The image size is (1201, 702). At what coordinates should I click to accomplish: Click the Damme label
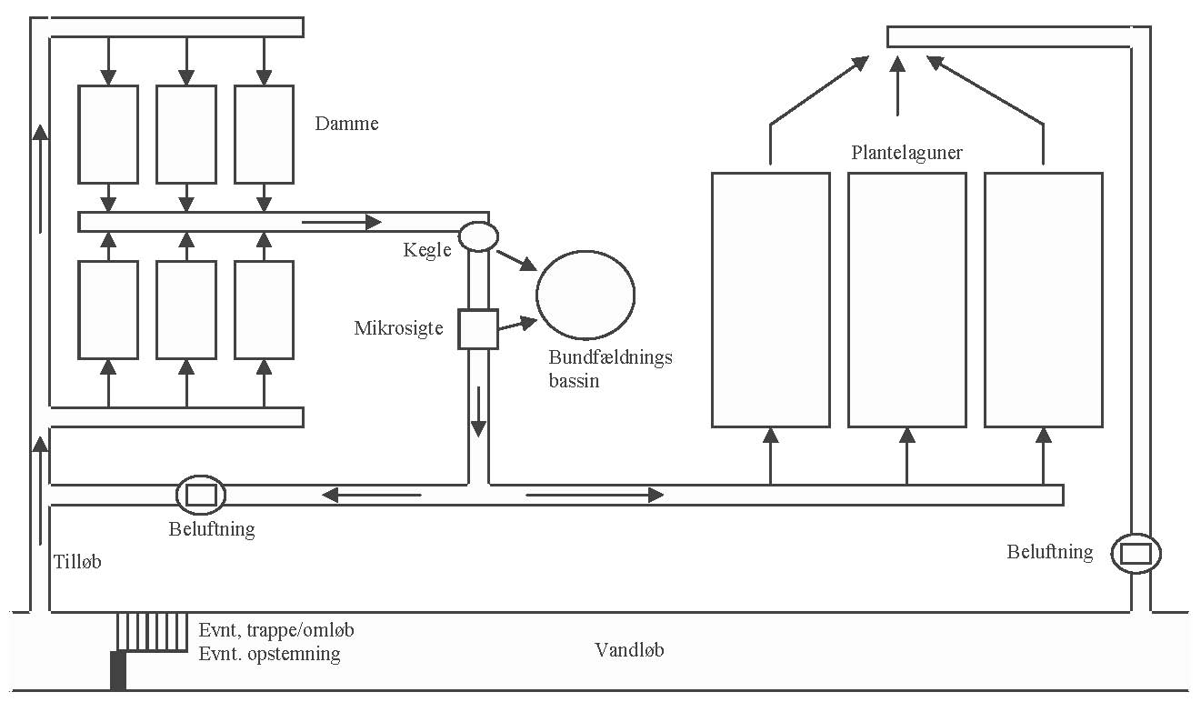pos(346,124)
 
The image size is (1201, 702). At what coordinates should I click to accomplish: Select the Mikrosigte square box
pos(477,329)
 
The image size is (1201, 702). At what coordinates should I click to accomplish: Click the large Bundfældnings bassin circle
pos(585,294)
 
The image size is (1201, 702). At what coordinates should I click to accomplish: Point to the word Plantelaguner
pos(906,153)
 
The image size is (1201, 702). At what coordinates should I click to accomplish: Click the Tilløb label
pos(77,562)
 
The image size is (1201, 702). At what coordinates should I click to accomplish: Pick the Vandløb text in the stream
pos(629,650)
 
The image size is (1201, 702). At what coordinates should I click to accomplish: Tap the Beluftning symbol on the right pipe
pos(1136,553)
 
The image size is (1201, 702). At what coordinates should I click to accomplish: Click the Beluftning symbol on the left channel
pos(200,496)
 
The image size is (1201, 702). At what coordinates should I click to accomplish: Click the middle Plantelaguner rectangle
pos(906,299)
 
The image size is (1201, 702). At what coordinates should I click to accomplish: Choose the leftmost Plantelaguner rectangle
pos(770,299)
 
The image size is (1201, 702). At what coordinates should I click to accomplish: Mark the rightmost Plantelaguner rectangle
pos(1043,299)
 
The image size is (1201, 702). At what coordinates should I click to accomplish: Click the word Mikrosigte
pos(398,327)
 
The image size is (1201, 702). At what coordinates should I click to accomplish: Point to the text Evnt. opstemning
pos(269,654)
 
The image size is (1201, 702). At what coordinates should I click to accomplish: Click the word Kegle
pos(427,249)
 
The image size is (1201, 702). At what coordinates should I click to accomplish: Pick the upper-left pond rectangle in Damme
pos(108,134)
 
